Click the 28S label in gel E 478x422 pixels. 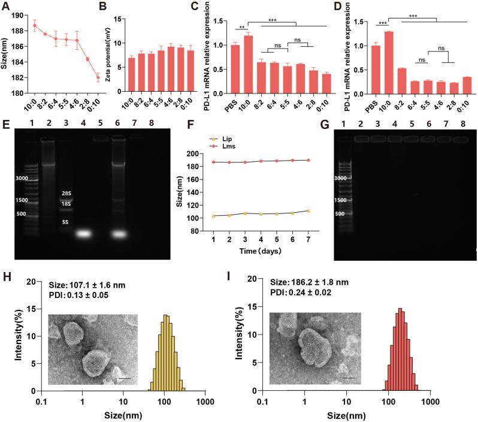coord(66,194)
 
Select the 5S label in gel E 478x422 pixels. coord(66,223)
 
